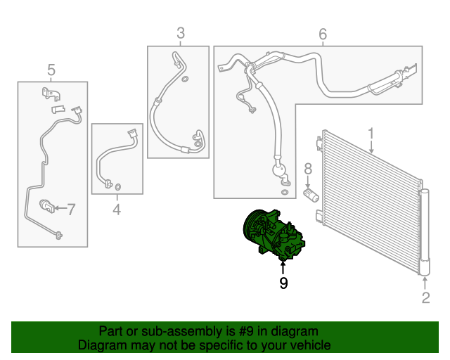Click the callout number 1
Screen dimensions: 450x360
(371, 134)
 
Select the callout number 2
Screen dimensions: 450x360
(425, 297)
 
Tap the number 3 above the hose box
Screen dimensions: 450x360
(181, 33)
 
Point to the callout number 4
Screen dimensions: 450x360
(117, 210)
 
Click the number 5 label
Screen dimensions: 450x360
(51, 70)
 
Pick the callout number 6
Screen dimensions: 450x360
(323, 34)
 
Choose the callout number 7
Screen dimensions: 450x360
(71, 210)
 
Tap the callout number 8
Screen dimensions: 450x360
(308, 169)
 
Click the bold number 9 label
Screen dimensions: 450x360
(283, 283)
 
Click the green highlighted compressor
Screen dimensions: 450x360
(273, 234)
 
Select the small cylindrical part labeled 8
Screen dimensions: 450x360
(311, 195)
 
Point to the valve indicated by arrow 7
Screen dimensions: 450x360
(47, 206)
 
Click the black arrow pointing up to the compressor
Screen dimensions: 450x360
(283, 268)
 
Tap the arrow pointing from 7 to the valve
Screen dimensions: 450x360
(60, 208)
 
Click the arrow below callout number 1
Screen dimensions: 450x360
(371, 147)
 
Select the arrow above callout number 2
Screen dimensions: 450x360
(425, 283)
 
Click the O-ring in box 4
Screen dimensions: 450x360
(117, 187)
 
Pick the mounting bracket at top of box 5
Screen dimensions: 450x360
(51, 94)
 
